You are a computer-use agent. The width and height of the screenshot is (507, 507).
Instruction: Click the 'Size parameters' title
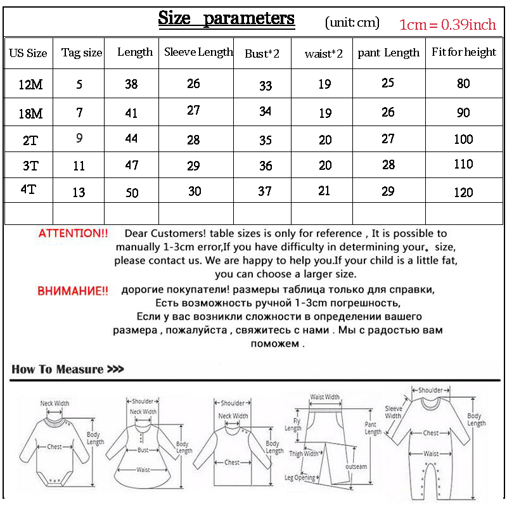[x=226, y=18]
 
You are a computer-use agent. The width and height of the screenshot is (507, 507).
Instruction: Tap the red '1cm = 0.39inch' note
[x=447, y=25]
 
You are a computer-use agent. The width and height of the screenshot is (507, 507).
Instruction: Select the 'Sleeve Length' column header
[x=198, y=53]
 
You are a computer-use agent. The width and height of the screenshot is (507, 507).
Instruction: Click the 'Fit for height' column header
[x=464, y=53]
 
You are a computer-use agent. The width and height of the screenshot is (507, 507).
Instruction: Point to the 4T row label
[x=29, y=189]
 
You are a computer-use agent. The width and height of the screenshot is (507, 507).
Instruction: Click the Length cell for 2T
[x=131, y=138]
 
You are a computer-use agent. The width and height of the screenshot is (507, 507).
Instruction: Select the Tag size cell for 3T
[x=79, y=167]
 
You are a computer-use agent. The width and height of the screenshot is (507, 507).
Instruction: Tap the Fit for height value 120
[x=463, y=192]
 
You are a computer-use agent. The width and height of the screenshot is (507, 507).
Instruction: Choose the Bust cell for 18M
[x=265, y=112]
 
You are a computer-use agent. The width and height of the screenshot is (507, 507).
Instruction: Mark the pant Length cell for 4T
[x=388, y=191]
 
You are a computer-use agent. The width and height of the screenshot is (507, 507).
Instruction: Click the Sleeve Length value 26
[x=193, y=83]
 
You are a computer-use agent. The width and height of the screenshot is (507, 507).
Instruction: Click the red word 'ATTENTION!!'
[x=74, y=233]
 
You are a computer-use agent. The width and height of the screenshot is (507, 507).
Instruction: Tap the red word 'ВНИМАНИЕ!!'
[x=73, y=292]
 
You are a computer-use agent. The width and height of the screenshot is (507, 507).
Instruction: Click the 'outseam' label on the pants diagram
[x=356, y=466]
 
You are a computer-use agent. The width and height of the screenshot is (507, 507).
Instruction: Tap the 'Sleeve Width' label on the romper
[x=394, y=412]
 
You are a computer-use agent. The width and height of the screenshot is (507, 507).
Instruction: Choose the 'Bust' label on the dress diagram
[x=143, y=450]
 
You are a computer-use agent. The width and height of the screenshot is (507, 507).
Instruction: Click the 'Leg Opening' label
[x=300, y=477]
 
